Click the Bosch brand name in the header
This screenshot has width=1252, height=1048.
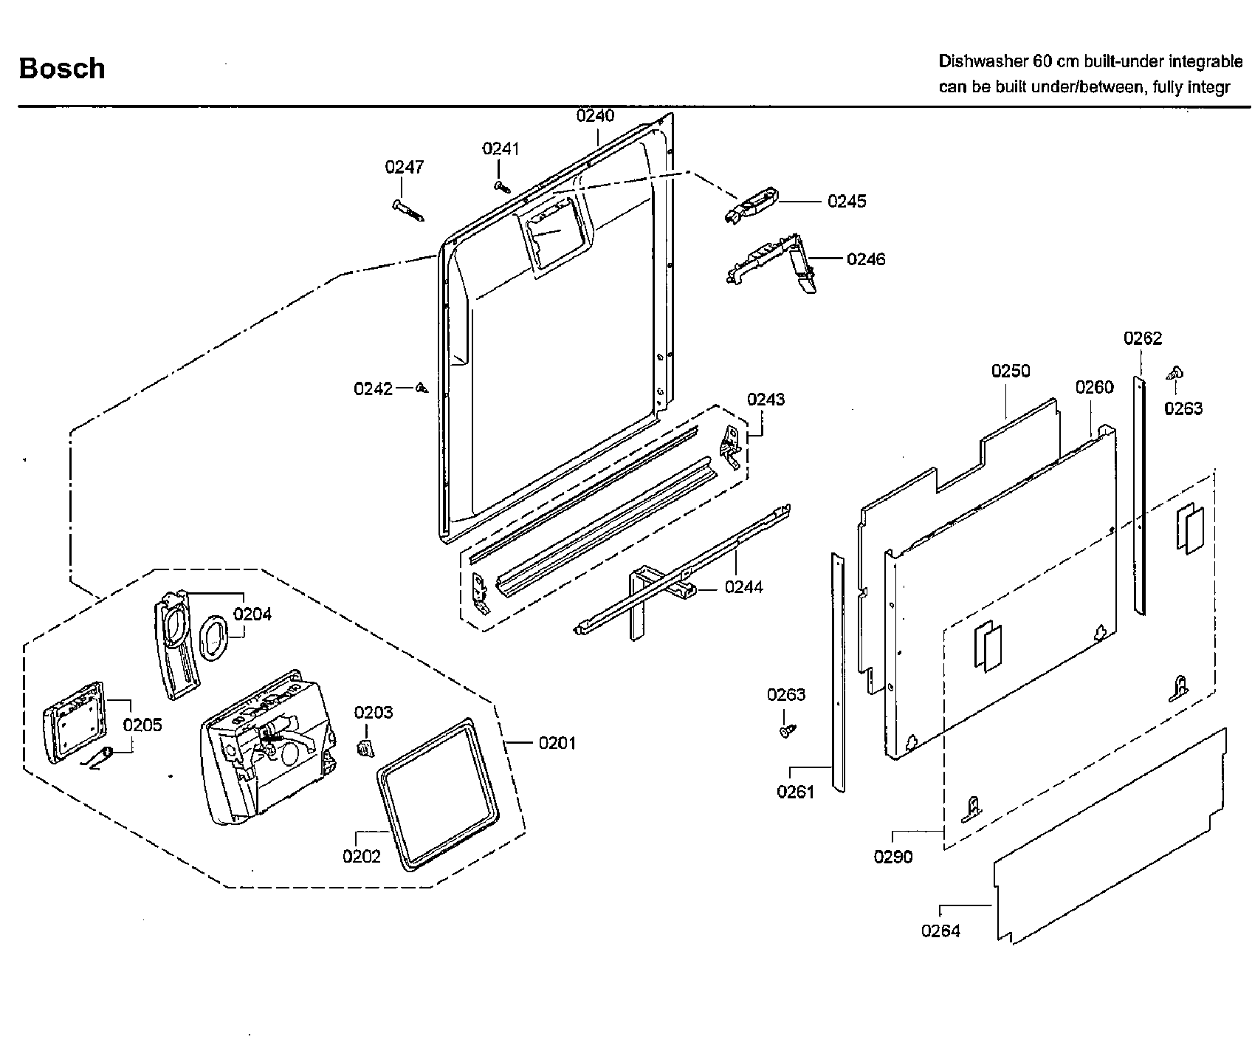[61, 69]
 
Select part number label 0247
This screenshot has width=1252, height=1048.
[404, 167]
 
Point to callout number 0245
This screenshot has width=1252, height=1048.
[847, 201]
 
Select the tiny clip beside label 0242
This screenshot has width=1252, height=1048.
[422, 388]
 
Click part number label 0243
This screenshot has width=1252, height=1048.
[766, 400]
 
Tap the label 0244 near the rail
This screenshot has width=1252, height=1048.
[743, 587]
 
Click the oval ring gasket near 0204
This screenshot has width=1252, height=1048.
[215, 637]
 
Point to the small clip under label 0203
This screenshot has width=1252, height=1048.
[364, 749]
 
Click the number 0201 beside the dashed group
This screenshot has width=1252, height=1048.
[557, 743]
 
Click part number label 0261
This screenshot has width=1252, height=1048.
[794, 792]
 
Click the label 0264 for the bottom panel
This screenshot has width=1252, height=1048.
[940, 931]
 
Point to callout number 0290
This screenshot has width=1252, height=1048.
[892, 857]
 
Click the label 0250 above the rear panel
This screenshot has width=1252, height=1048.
[1011, 371]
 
